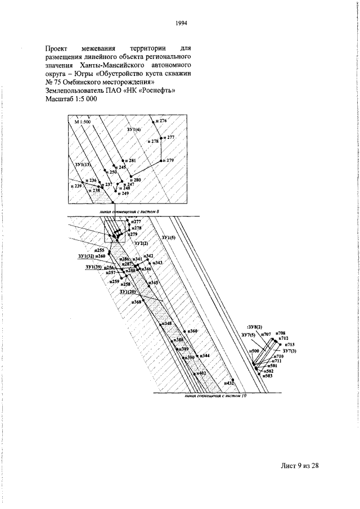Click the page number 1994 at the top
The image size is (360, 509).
[181, 23]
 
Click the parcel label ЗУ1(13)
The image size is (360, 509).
[83, 164]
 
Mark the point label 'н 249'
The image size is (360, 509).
[122, 193]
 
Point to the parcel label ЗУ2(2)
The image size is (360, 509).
[141, 242]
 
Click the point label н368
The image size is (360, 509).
[136, 302]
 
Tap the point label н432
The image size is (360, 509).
[228, 383]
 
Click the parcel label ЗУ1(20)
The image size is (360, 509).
[128, 292]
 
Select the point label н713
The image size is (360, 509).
[290, 344]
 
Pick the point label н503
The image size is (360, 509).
[268, 376]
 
